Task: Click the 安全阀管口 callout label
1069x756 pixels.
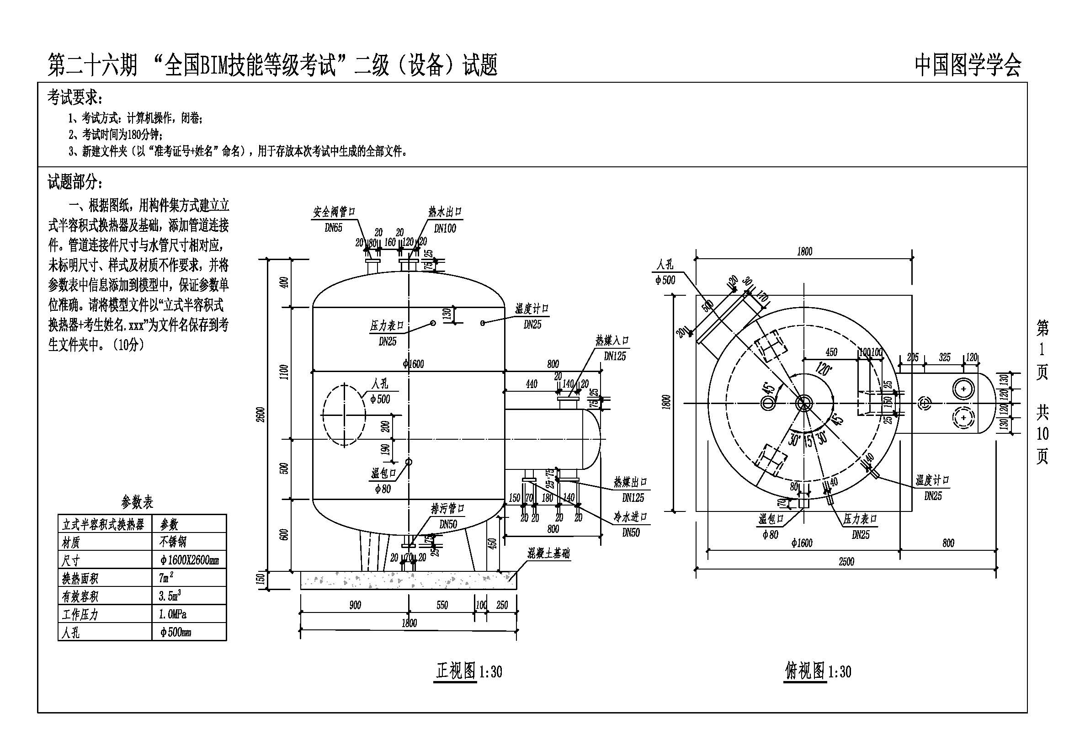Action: [334, 212]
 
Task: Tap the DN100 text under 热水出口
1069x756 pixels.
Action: [445, 229]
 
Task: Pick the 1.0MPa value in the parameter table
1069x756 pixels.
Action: [172, 614]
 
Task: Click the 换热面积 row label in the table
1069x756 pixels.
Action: [80, 579]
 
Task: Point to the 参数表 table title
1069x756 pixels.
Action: [137, 502]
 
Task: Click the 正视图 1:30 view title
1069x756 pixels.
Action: [468, 671]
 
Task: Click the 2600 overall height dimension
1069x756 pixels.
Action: [261, 414]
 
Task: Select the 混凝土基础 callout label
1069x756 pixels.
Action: [548, 554]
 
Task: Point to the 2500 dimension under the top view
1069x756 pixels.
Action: [846, 562]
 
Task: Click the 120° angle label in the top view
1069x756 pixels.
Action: [823, 369]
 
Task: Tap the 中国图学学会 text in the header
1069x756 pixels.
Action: [968, 65]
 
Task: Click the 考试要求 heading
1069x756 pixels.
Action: [74, 98]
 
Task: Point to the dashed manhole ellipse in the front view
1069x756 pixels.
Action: [343, 415]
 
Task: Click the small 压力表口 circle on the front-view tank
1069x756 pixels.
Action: [432, 323]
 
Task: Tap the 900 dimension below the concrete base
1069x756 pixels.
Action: [355, 605]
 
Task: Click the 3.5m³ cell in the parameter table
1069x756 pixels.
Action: [170, 596]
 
